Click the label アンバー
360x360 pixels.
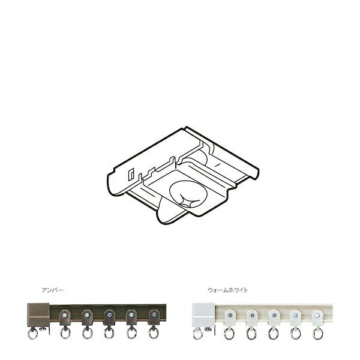point(53,290)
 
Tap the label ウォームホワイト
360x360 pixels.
point(228,290)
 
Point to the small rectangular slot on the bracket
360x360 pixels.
point(131,174)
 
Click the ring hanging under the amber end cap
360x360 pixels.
point(32,334)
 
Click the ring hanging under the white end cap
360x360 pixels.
point(197,334)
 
